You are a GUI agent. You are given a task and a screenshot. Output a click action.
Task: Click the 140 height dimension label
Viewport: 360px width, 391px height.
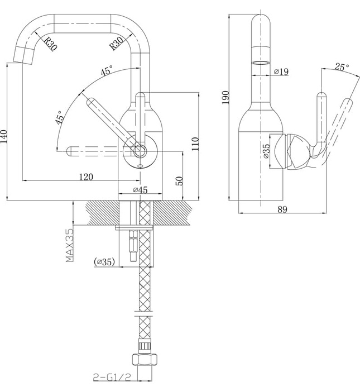pos(5,135)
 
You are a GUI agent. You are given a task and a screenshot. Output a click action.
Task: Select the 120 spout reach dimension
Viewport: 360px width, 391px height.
pos(85,177)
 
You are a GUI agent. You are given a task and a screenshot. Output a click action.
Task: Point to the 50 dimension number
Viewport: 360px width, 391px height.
pos(179,181)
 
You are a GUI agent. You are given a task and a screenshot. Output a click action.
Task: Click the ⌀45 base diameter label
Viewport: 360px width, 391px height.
pos(140,190)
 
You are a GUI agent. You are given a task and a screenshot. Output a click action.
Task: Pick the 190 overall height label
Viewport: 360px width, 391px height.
pos(225,98)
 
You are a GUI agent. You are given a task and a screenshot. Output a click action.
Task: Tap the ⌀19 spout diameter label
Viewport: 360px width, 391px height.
pos(281,71)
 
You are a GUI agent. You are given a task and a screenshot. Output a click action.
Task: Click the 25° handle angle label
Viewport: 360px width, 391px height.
pos(341,67)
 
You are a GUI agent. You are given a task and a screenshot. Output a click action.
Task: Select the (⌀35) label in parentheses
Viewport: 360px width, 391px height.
pos(104,261)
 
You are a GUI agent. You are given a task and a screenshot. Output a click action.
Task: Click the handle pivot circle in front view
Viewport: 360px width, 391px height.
pos(139,150)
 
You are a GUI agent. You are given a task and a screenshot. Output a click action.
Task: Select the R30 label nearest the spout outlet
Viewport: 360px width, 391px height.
pos(50,43)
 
